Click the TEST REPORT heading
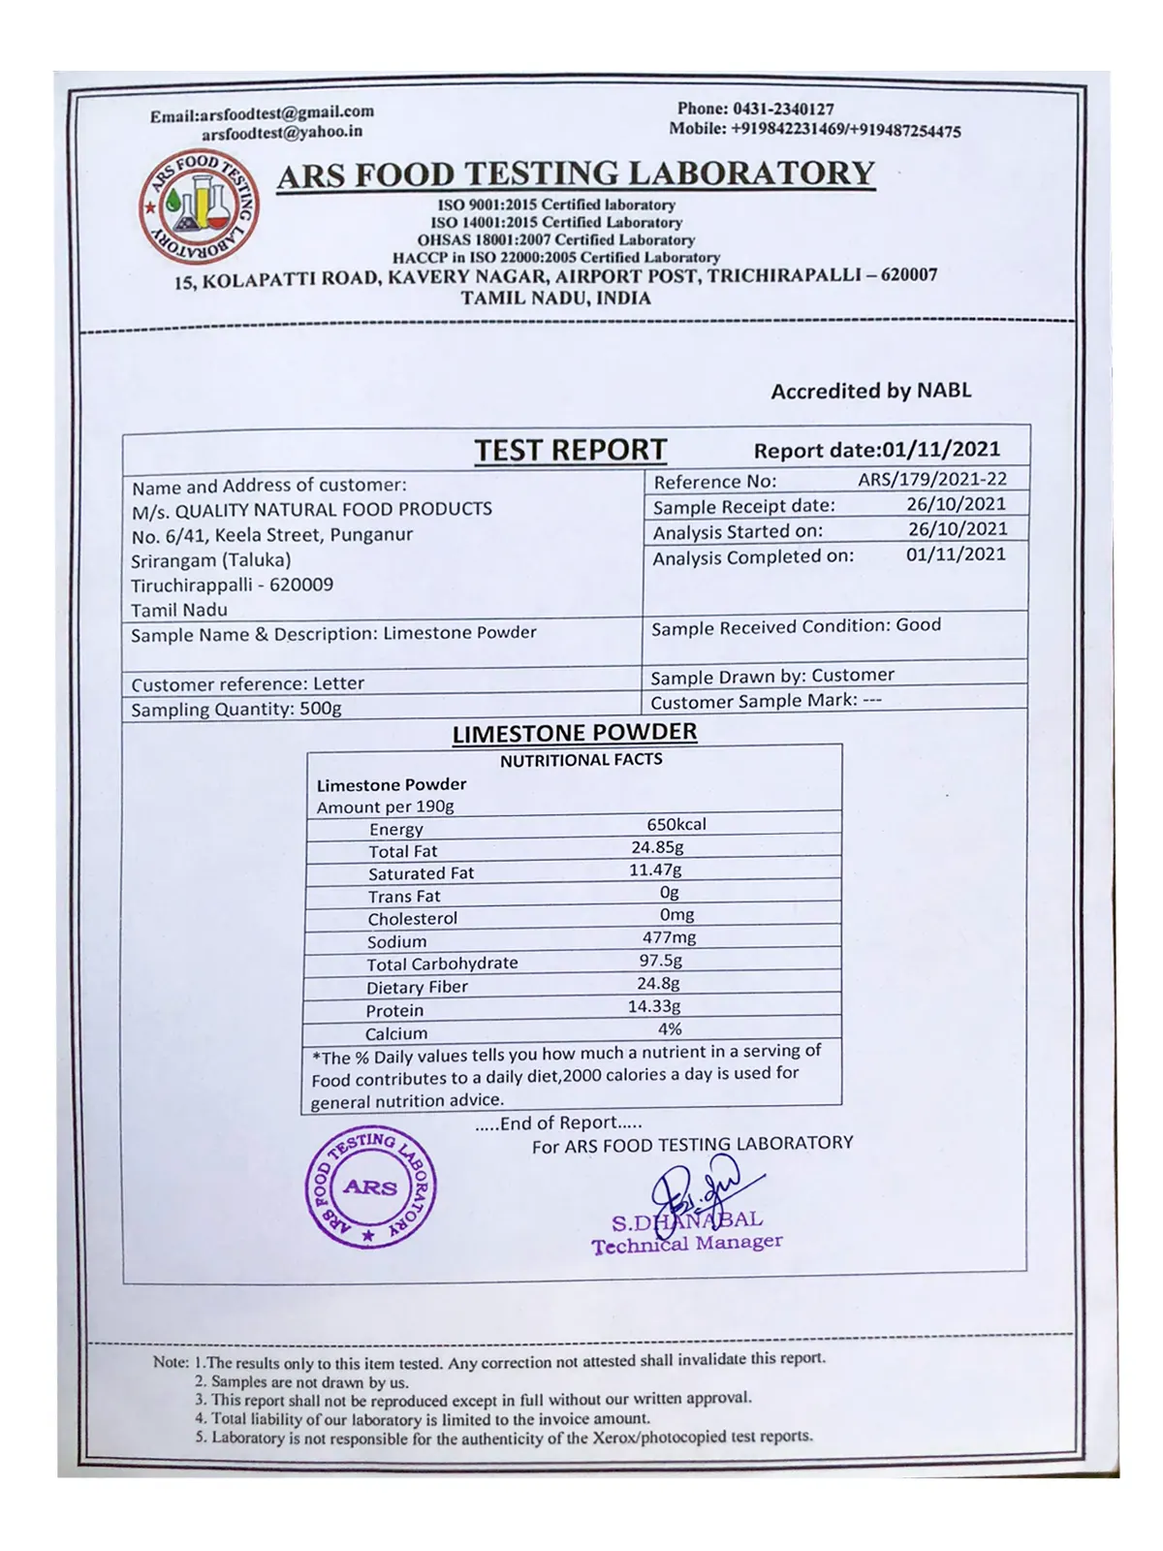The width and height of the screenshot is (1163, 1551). [x=570, y=451]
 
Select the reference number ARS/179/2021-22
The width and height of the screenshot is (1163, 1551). [x=931, y=479]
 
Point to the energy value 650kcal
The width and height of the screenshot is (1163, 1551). [x=676, y=824]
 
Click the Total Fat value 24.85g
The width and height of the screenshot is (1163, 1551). [x=657, y=847]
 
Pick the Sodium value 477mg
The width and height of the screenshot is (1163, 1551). [x=669, y=937]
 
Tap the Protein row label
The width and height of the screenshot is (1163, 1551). [x=394, y=1010]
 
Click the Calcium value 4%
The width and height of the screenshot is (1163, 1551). [x=670, y=1029]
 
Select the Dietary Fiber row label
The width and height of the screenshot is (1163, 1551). [x=417, y=987]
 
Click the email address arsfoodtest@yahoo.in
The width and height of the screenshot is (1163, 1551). [x=282, y=133]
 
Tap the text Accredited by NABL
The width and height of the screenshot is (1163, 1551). [x=870, y=391]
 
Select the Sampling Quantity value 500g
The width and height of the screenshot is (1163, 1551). [x=320, y=709]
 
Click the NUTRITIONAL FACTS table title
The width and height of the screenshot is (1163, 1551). [x=581, y=760]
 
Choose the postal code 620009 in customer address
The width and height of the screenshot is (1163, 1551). [x=301, y=585]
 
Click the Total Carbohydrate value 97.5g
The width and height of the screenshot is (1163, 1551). [x=660, y=960]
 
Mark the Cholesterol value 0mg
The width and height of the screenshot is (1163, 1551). [x=676, y=914]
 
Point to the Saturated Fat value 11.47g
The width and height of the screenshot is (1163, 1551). [x=655, y=870]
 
